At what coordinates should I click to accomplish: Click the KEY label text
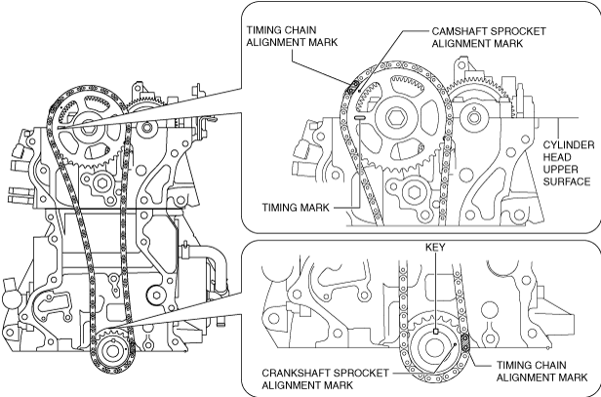point(435,248)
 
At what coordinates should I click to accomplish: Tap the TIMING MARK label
point(296,208)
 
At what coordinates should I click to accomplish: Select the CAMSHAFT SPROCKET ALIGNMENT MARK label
point(489,37)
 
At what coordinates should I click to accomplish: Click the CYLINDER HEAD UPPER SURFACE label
point(569,163)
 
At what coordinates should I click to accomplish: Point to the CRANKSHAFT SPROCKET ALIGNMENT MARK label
point(326,378)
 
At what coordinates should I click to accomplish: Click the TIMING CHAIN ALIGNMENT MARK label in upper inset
point(292,36)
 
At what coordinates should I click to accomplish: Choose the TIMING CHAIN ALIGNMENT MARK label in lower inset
point(542,371)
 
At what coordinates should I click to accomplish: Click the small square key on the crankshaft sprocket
point(435,332)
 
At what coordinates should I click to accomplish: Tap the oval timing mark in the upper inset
point(361,118)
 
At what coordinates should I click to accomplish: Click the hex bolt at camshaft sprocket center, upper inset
point(395,118)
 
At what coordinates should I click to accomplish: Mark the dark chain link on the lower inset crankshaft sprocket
point(465,342)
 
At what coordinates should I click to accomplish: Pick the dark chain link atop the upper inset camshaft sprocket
point(352,87)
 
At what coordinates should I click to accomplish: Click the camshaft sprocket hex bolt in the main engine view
point(88,125)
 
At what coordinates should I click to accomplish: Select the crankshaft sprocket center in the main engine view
point(112,351)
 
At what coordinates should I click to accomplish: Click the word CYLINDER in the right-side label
point(569,145)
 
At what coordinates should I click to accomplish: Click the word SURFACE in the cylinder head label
point(567,181)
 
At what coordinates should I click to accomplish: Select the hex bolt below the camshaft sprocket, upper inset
point(415,191)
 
